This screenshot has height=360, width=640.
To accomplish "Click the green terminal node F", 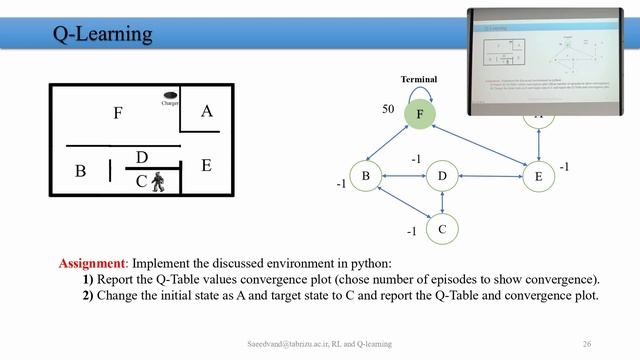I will click(x=420, y=115).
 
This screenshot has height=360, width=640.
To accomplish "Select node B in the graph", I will click(x=366, y=177).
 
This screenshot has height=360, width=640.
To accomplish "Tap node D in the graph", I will click(x=442, y=177).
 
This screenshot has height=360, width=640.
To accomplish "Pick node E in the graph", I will click(x=539, y=177).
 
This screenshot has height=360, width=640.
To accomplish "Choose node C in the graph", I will click(x=442, y=229).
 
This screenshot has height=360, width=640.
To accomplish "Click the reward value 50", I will click(x=389, y=107).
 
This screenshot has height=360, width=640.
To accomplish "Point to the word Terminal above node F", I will click(x=419, y=79).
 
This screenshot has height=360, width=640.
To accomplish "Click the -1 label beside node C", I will click(x=411, y=231).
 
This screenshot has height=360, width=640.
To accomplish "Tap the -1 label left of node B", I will click(x=340, y=184).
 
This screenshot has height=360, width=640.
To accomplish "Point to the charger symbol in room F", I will click(x=170, y=97).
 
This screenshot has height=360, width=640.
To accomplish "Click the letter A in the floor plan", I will click(x=206, y=111).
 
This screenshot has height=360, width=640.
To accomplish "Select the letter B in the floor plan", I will click(x=81, y=171).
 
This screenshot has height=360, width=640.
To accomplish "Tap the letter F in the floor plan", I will click(x=118, y=113).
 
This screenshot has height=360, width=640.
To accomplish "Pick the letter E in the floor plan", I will click(x=206, y=165).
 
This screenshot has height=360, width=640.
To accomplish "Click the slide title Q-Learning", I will click(x=103, y=35).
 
